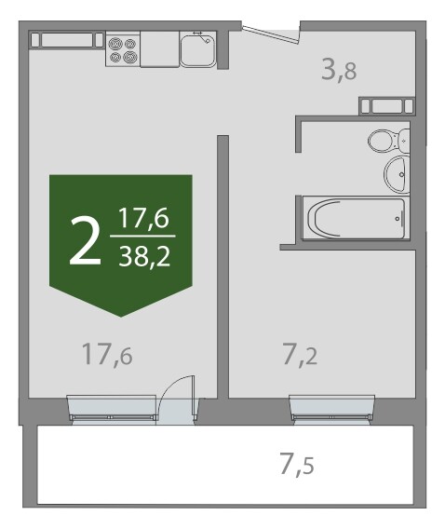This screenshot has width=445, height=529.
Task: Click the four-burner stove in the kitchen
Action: click(x=123, y=49)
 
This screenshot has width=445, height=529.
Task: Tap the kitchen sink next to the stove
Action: click(x=198, y=49)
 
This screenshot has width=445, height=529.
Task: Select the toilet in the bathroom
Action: click(x=389, y=140)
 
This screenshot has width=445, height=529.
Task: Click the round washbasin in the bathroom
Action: click(x=397, y=174)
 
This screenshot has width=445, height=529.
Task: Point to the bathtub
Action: click(x=357, y=218)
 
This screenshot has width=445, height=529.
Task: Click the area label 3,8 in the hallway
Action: click(x=339, y=70)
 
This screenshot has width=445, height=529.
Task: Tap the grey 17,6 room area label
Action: click(x=107, y=354)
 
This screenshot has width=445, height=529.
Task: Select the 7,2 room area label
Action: click(x=300, y=354)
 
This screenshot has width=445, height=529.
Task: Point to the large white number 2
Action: click(x=85, y=240)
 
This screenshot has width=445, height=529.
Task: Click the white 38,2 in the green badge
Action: click(x=144, y=256)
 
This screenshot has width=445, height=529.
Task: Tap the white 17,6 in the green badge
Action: click(x=143, y=218)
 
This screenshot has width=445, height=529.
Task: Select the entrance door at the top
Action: click(x=271, y=34)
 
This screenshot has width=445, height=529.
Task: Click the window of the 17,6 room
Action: click(x=112, y=408)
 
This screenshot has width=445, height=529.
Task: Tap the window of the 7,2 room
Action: click(x=332, y=408)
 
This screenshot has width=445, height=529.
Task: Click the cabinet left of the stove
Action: click(x=67, y=40)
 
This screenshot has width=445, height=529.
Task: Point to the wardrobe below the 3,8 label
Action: click(x=386, y=106)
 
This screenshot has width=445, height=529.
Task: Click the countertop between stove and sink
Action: click(x=160, y=49)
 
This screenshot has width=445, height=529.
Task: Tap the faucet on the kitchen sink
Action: click(x=203, y=38)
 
